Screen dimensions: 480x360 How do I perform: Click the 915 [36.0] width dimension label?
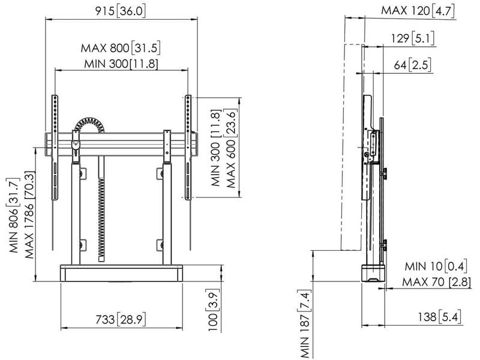click(x=121, y=11)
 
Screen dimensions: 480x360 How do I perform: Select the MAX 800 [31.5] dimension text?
click(x=121, y=48)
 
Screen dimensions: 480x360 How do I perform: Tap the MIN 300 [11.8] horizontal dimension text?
click(x=121, y=64)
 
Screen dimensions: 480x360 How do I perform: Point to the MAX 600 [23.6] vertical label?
click(x=231, y=148)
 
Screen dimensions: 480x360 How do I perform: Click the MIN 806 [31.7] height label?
click(x=14, y=215)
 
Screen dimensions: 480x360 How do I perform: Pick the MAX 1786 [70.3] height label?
click(x=29, y=215)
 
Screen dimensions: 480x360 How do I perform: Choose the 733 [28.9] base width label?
click(x=121, y=320)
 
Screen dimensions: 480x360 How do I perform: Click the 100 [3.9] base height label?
click(x=214, y=310)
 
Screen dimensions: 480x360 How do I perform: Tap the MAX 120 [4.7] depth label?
click(x=418, y=11)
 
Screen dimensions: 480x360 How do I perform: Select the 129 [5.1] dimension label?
click(x=413, y=38)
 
